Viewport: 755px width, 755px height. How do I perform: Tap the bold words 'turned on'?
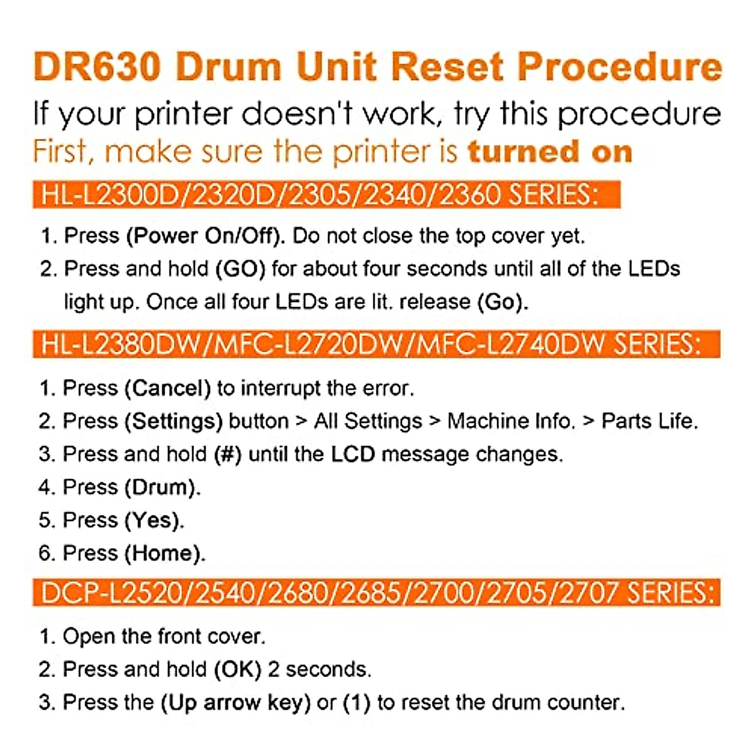pyautogui.click(x=549, y=152)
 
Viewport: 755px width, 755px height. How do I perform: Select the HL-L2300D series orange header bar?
pyautogui.click(x=327, y=195)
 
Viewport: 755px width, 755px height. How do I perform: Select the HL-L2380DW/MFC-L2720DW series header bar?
pyautogui.click(x=376, y=345)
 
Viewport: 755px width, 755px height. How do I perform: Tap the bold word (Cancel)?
pyautogui.click(x=168, y=388)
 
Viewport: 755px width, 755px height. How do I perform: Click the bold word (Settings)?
pyautogui.click(x=174, y=421)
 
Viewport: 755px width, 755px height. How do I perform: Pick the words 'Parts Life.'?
pyautogui.click(x=650, y=421)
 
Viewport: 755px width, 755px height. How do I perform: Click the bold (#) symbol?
pyautogui.click(x=228, y=454)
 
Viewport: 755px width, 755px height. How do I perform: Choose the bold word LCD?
pyautogui.click(x=353, y=454)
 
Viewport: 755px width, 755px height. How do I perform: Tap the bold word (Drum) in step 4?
pyautogui.click(x=162, y=488)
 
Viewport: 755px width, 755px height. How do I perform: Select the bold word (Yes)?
pyautogui.click(x=154, y=520)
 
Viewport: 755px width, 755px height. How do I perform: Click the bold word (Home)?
pyautogui.click(x=165, y=554)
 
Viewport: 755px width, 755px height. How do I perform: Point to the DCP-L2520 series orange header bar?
pyautogui.click(x=376, y=593)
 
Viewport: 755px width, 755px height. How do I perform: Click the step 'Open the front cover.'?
pyautogui.click(x=164, y=636)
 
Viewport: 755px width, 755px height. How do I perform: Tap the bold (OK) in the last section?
pyautogui.click(x=238, y=669)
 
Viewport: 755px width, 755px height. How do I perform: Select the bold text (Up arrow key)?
pyautogui.click(x=235, y=703)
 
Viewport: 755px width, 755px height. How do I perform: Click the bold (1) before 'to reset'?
pyautogui.click(x=356, y=703)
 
